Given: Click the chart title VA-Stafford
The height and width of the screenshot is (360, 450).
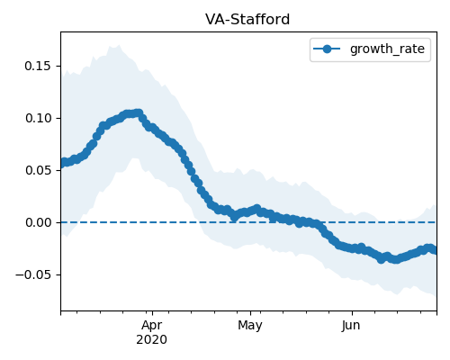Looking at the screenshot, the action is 247,20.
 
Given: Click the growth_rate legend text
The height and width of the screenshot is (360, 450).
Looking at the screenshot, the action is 387,49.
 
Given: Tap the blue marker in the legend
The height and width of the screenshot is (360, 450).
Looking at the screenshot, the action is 327,49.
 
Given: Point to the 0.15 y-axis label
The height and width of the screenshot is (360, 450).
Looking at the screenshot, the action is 38,66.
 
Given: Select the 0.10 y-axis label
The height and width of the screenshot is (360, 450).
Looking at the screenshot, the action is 39,118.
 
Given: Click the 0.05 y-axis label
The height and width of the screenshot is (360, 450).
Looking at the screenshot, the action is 39,170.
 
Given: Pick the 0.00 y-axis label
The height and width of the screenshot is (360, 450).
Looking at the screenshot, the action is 39,222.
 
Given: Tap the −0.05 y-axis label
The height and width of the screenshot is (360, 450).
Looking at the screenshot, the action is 33,274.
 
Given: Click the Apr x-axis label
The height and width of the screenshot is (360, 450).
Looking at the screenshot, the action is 152,326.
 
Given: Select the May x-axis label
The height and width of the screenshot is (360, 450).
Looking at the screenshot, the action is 250,326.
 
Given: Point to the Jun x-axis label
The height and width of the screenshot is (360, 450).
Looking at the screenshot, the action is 351,326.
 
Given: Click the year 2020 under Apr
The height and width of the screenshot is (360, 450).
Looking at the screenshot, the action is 151,340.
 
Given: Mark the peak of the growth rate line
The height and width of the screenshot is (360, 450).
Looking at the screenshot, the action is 139,113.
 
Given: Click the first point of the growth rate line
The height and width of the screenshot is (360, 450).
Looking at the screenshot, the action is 61,164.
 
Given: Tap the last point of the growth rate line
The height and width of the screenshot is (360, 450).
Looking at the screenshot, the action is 435,250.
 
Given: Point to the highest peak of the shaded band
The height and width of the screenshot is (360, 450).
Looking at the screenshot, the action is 119,45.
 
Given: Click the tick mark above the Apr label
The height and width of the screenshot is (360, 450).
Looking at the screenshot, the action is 152,313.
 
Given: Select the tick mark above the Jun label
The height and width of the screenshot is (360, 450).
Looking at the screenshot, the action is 352,313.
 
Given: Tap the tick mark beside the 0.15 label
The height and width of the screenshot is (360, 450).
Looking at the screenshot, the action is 58,66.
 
